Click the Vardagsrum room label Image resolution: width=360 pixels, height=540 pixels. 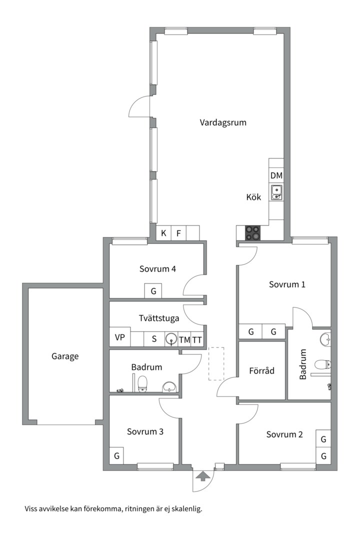(223, 122)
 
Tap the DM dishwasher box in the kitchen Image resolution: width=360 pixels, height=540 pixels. (276, 175)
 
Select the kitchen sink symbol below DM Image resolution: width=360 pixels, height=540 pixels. (276, 192)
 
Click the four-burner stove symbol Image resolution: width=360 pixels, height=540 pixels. (252, 232)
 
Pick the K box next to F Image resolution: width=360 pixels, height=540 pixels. (163, 233)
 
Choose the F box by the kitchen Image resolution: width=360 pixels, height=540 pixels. (178, 233)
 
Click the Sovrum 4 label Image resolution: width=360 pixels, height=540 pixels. (157, 268)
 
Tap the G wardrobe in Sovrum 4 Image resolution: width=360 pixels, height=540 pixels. (153, 290)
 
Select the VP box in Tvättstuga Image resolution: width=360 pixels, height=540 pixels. (119, 337)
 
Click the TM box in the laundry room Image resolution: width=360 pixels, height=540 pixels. (184, 339)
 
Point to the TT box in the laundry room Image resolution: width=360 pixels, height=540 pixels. (197, 339)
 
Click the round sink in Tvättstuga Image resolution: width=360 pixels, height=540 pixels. (171, 339)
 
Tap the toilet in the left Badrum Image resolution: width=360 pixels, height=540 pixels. (143, 383)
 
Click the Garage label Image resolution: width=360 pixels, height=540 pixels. (65, 356)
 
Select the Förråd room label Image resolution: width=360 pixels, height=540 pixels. (261, 371)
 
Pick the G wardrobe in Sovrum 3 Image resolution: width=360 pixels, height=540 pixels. (116, 455)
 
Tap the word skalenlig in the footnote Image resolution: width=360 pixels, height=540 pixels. (184, 509)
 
